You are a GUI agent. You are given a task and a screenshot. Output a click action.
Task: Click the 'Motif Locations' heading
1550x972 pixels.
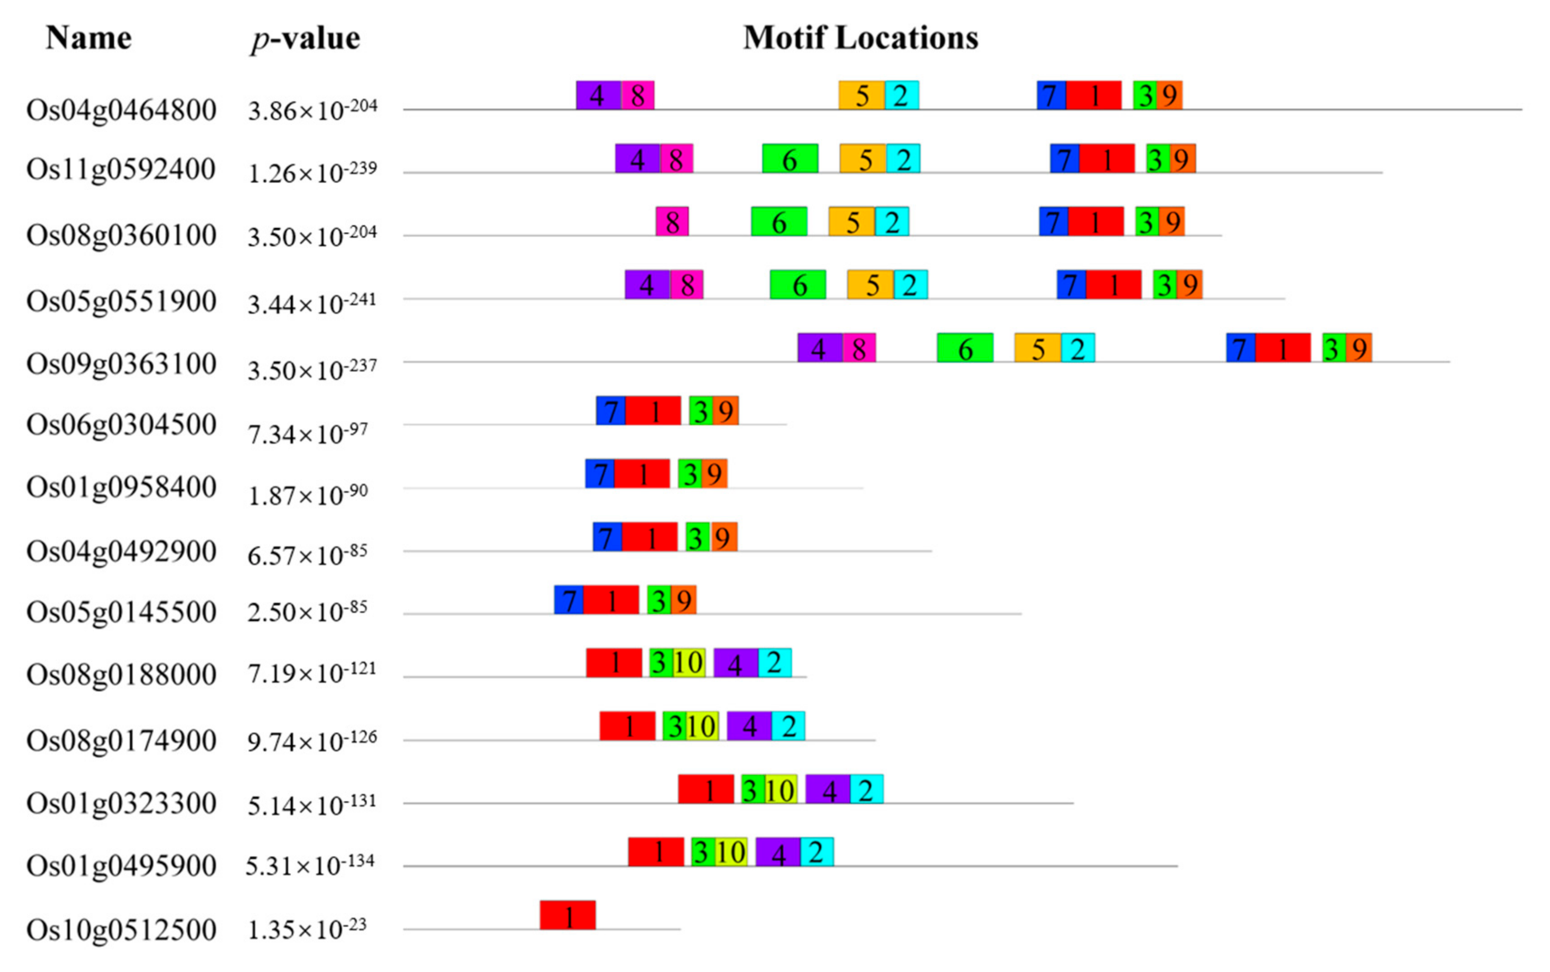pyautogui.click(x=860, y=37)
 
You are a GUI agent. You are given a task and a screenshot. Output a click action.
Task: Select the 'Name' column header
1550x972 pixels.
pyautogui.click(x=89, y=37)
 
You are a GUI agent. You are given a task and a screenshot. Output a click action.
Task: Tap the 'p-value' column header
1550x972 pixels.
pyautogui.click(x=305, y=38)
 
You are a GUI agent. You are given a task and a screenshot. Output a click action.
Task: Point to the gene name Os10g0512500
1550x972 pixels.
pyautogui.click(x=121, y=930)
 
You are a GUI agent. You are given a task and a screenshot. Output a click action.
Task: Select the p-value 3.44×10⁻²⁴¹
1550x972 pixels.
pyautogui.click(x=312, y=303)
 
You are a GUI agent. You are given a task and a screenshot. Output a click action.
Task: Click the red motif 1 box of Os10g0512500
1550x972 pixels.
pyautogui.click(x=567, y=915)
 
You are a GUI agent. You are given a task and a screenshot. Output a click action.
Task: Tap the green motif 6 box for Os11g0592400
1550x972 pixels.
pyautogui.click(x=790, y=158)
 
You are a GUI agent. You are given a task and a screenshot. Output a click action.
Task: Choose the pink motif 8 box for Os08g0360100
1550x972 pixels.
pyautogui.click(x=672, y=221)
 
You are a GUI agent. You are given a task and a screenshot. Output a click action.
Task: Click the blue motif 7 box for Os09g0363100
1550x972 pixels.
pyautogui.click(x=1240, y=348)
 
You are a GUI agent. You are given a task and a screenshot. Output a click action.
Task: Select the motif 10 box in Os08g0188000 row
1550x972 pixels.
pyautogui.click(x=688, y=662)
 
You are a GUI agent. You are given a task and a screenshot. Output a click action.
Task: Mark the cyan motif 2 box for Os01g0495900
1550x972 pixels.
pyautogui.click(x=817, y=852)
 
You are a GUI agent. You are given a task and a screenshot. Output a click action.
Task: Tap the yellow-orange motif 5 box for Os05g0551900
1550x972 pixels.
pyautogui.click(x=870, y=284)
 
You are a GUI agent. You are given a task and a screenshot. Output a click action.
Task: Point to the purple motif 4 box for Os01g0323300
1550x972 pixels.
pyautogui.click(x=828, y=789)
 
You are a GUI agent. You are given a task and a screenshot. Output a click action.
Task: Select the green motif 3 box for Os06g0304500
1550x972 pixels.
pyautogui.click(x=700, y=410)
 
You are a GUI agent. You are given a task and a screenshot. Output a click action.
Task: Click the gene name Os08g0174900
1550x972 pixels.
pyautogui.click(x=121, y=741)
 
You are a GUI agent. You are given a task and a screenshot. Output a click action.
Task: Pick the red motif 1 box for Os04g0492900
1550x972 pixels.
pyautogui.click(x=650, y=537)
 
